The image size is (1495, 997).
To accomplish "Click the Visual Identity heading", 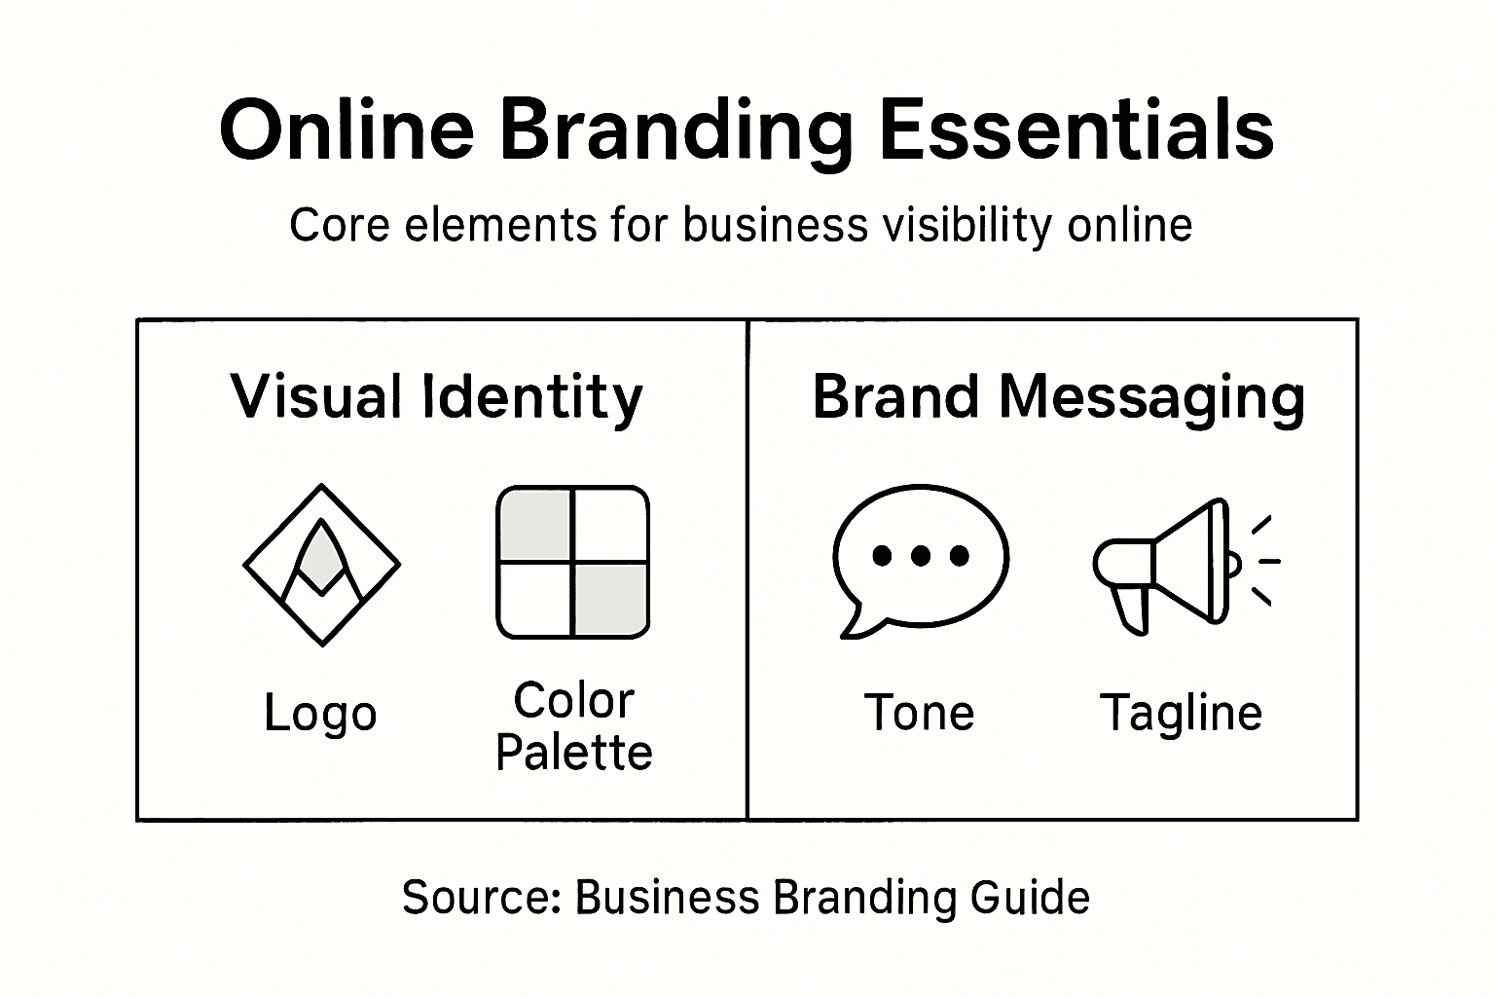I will (x=437, y=397).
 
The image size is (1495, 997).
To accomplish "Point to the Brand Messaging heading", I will (x=1059, y=397).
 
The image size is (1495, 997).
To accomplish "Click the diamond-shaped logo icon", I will (x=321, y=565).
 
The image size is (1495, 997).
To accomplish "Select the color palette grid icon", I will (x=572, y=563).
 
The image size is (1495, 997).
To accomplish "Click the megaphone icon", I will (x=1168, y=563).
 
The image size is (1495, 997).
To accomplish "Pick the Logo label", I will (x=320, y=714).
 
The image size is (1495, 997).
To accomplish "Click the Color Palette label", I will (x=573, y=726).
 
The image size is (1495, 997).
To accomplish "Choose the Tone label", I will (x=919, y=713).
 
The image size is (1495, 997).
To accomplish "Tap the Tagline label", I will (x=1181, y=713).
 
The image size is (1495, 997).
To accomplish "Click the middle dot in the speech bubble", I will (x=921, y=556).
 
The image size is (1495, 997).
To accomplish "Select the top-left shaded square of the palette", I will (x=534, y=525).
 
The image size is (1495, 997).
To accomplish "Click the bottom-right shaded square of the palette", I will (x=610, y=600).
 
